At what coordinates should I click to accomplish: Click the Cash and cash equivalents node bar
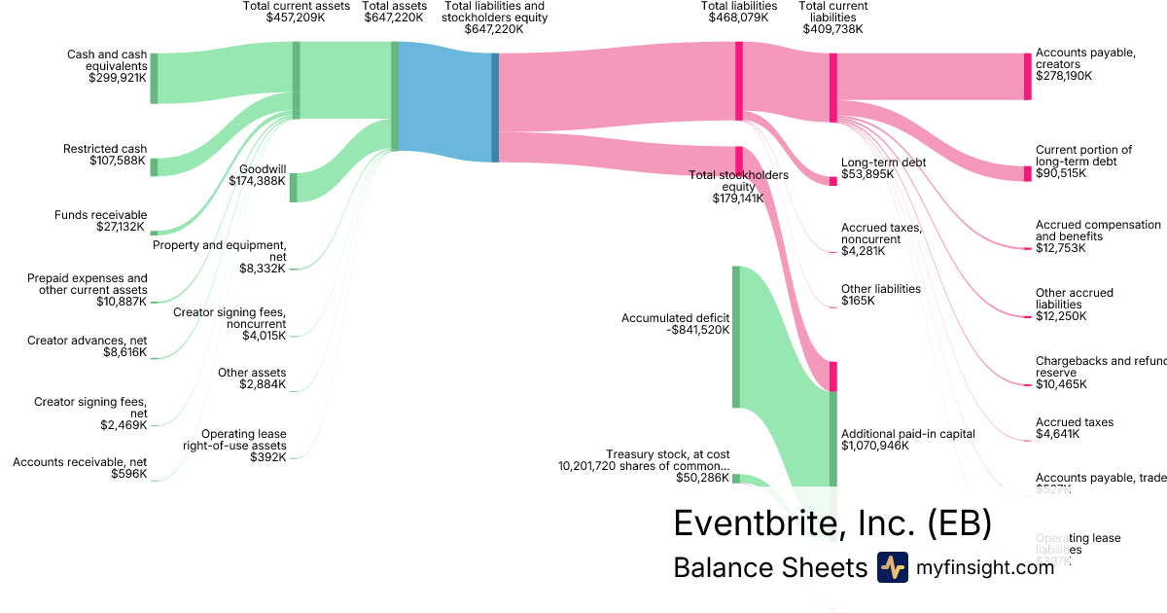[x=154, y=78]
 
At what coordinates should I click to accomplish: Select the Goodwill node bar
[x=293, y=187]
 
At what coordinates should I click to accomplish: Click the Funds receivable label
[x=100, y=215]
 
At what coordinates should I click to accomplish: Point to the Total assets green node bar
[x=395, y=95]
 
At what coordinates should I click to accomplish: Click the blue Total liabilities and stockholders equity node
[x=495, y=107]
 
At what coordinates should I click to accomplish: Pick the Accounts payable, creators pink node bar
[x=1027, y=76]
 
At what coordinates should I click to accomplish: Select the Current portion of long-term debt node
[x=1027, y=173]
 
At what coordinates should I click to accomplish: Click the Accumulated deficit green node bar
[x=736, y=336]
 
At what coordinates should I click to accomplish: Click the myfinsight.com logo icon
[x=892, y=567]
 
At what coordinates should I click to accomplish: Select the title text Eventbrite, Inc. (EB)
[x=832, y=523]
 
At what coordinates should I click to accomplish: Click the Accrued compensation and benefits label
[x=1097, y=231]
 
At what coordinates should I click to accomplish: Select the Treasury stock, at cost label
[x=667, y=454]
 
